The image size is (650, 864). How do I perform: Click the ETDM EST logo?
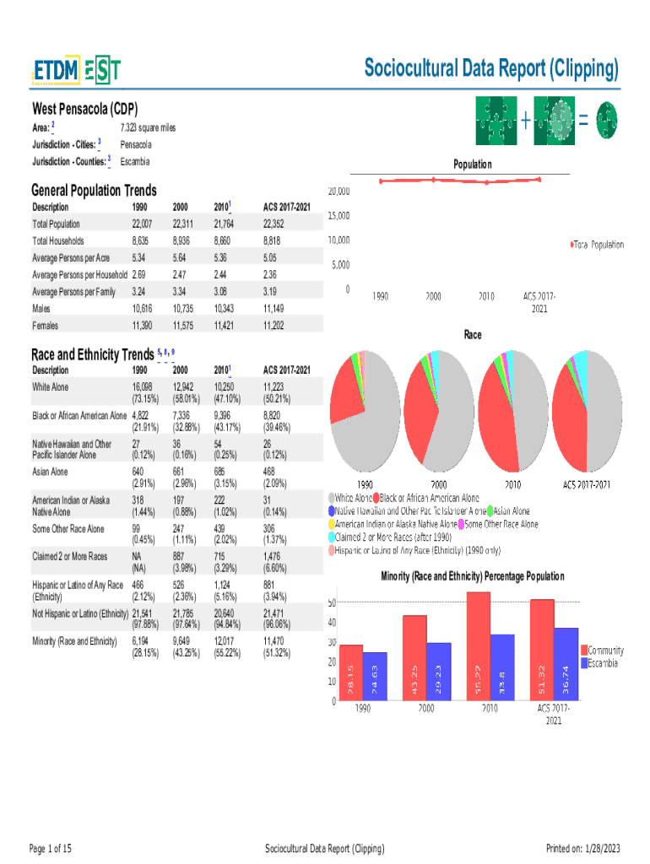tap(77, 72)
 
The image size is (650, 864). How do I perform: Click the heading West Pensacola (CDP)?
tap(85, 109)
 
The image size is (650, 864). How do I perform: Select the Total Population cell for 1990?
tap(142, 224)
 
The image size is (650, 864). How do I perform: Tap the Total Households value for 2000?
tap(186, 241)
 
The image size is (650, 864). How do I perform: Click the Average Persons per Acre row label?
tap(71, 258)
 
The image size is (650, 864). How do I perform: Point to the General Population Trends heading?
tap(94, 191)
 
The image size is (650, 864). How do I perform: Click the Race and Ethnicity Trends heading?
tap(93, 354)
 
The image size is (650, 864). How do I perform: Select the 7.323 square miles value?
tap(148, 127)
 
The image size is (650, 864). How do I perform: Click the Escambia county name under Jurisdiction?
tap(135, 161)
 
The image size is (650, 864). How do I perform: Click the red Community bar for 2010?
tap(479, 645)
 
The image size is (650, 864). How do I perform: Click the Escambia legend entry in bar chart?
tap(603, 663)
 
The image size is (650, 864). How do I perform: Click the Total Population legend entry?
tap(599, 245)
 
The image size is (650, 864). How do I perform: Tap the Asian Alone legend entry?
tap(512, 511)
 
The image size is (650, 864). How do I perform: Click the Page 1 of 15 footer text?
tap(51, 848)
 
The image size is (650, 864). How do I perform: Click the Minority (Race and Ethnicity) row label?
tap(74, 642)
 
